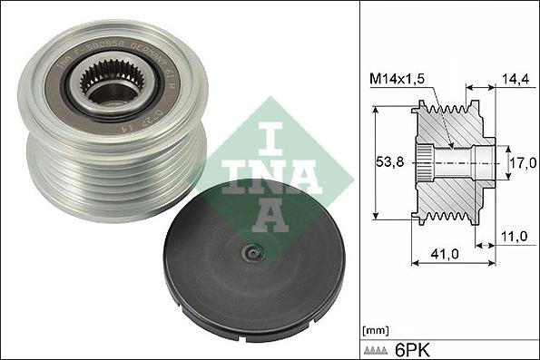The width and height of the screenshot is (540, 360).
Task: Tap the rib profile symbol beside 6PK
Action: coord(375,348)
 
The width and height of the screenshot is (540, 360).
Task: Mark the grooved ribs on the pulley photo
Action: coord(109,177)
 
